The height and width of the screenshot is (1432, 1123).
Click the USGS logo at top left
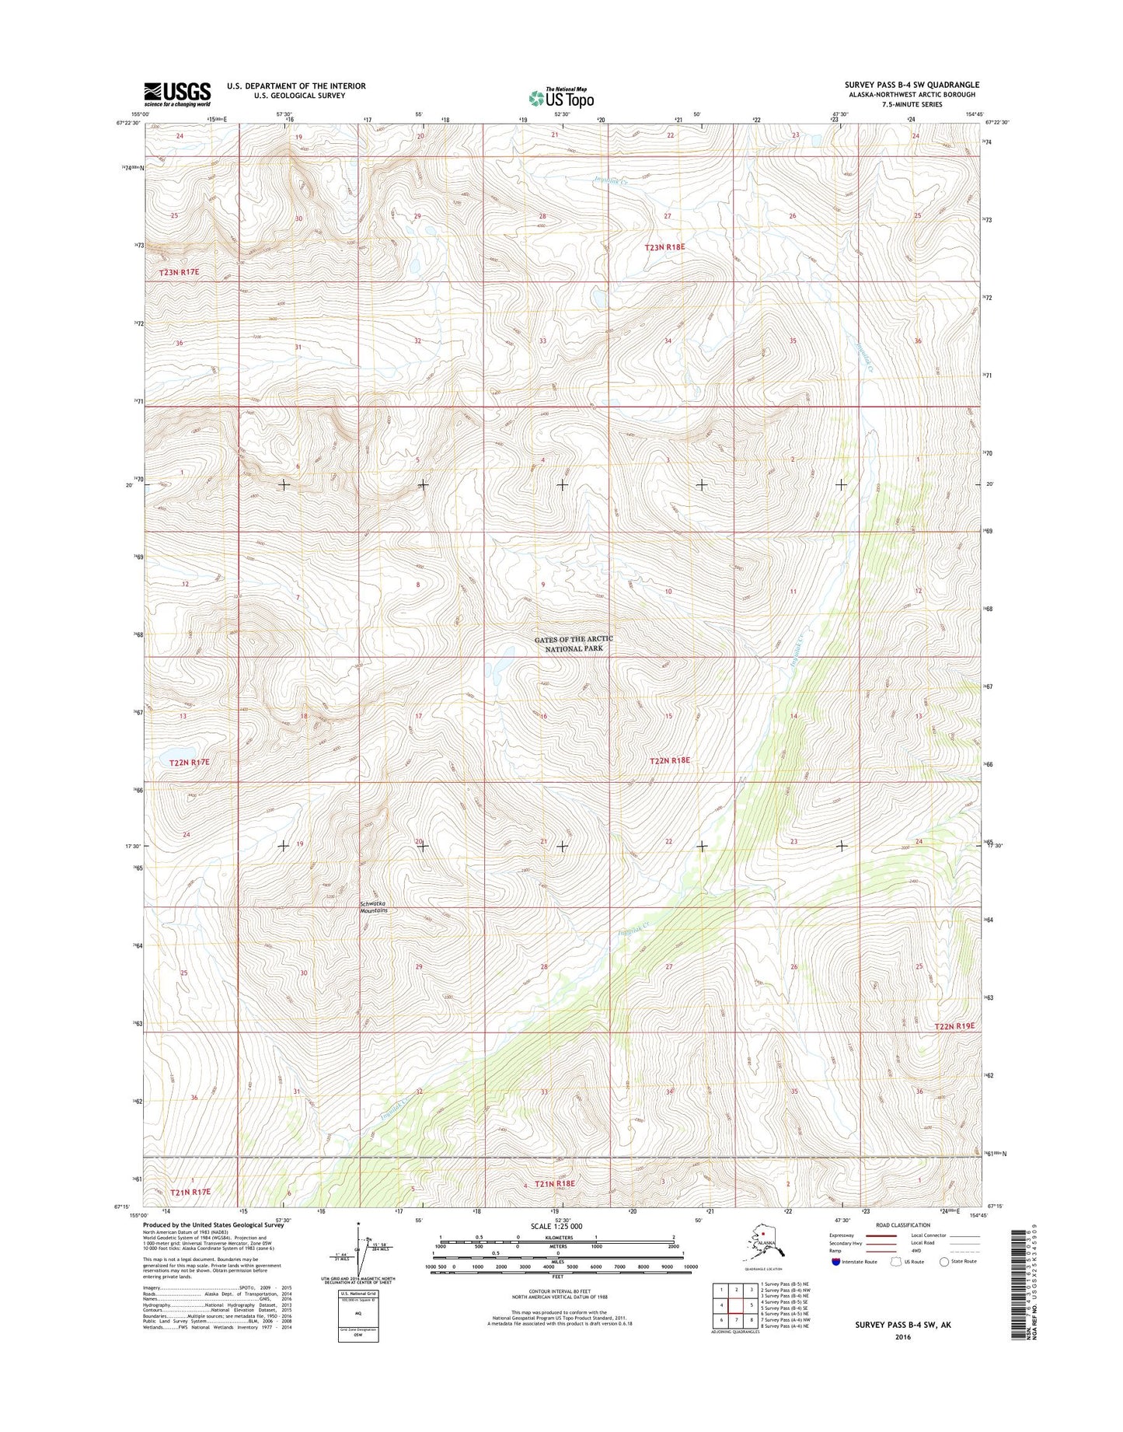coord(176,93)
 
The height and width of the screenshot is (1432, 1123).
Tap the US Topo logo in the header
coord(561,97)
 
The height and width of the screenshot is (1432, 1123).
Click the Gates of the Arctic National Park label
coord(574,643)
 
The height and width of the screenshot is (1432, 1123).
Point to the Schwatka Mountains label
coord(373,906)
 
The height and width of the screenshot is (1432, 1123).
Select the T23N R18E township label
coord(664,247)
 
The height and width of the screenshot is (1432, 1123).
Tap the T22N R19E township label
coord(954,1026)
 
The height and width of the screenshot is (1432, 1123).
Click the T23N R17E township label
coord(179,272)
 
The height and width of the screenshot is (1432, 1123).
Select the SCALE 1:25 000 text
coord(557,1226)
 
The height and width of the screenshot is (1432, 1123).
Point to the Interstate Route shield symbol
coord(835,1261)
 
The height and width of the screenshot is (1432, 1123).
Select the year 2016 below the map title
coord(902,1337)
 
